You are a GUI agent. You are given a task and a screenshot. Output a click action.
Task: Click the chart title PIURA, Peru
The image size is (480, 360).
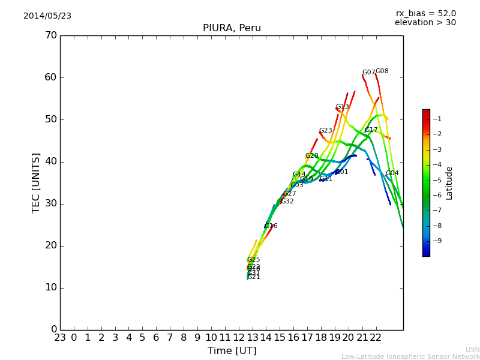click(232, 28)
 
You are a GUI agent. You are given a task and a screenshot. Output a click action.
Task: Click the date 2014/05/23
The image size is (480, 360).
click(47, 16)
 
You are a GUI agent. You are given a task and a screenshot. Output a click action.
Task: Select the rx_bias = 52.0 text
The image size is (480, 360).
click(426, 14)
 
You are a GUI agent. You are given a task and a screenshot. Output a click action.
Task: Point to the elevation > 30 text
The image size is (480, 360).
click(425, 23)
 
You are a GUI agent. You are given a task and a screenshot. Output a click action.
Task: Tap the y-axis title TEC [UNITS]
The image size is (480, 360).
click(36, 182)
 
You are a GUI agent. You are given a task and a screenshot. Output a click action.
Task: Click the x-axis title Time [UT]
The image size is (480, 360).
click(232, 350)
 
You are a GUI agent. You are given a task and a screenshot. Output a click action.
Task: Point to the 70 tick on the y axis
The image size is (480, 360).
click(50, 35)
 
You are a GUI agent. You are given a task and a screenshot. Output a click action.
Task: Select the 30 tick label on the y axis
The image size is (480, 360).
click(50, 203)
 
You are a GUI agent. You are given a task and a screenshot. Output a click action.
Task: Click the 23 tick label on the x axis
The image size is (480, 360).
click(60, 337)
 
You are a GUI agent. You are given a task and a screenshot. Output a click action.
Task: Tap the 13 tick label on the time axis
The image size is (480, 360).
click(253, 337)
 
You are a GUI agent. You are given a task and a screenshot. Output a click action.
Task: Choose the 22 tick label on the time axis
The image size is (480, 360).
click(376, 337)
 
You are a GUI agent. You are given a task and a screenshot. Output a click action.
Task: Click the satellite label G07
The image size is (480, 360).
click(368, 73)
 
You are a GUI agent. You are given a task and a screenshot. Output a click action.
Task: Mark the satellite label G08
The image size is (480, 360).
click(382, 71)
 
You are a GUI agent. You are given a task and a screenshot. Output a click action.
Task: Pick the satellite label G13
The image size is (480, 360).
click(342, 107)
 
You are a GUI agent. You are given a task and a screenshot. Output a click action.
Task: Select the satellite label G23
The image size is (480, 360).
click(325, 131)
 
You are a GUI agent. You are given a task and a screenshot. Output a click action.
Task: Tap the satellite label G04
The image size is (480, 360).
click(392, 173)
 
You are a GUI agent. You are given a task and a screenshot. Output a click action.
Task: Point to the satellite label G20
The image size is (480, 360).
click(312, 156)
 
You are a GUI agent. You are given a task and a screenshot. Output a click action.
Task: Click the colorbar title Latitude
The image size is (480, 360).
click(449, 182)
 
